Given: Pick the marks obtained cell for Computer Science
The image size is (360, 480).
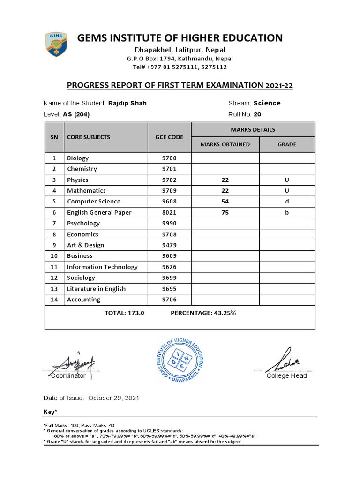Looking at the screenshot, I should pyautogui.click(x=225, y=202).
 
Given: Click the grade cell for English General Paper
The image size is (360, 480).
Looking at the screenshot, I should pyautogui.click(x=287, y=212).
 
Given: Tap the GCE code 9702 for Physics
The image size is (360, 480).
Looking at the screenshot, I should pyautogui.click(x=169, y=180).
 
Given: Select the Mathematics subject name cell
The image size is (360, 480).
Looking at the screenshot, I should pyautogui.click(x=86, y=191).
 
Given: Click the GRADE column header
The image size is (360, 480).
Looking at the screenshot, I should pyautogui.click(x=287, y=144).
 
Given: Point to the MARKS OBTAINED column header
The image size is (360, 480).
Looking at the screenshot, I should pyautogui.click(x=225, y=144).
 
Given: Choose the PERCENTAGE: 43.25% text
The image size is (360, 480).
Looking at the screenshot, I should pyautogui.click(x=203, y=313).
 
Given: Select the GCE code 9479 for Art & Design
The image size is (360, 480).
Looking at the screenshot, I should pyautogui.click(x=169, y=245).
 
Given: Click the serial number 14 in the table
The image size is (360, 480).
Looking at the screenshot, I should pyautogui.click(x=54, y=300).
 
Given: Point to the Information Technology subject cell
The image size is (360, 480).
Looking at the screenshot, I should pyautogui.click(x=102, y=267).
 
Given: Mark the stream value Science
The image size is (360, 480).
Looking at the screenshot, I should pyautogui.click(x=267, y=103).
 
